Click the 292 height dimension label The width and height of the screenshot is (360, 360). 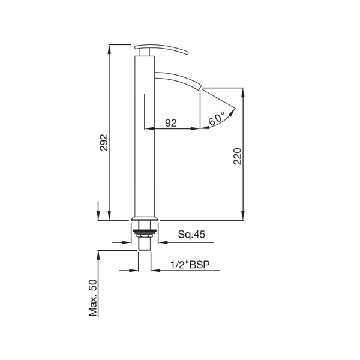click(104, 142)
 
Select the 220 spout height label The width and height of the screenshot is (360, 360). click(238, 156)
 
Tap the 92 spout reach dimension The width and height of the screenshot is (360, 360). click(171, 123)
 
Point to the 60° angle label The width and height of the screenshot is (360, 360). click(217, 118)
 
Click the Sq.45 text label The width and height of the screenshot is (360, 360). click(191, 234)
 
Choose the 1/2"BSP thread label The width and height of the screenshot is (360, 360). click(190, 265)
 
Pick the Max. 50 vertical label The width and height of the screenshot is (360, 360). click(93, 298)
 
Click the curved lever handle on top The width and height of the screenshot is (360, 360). click(161, 49)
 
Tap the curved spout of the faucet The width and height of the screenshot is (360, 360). click(178, 80)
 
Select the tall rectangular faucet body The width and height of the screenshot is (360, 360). click(144, 136)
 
